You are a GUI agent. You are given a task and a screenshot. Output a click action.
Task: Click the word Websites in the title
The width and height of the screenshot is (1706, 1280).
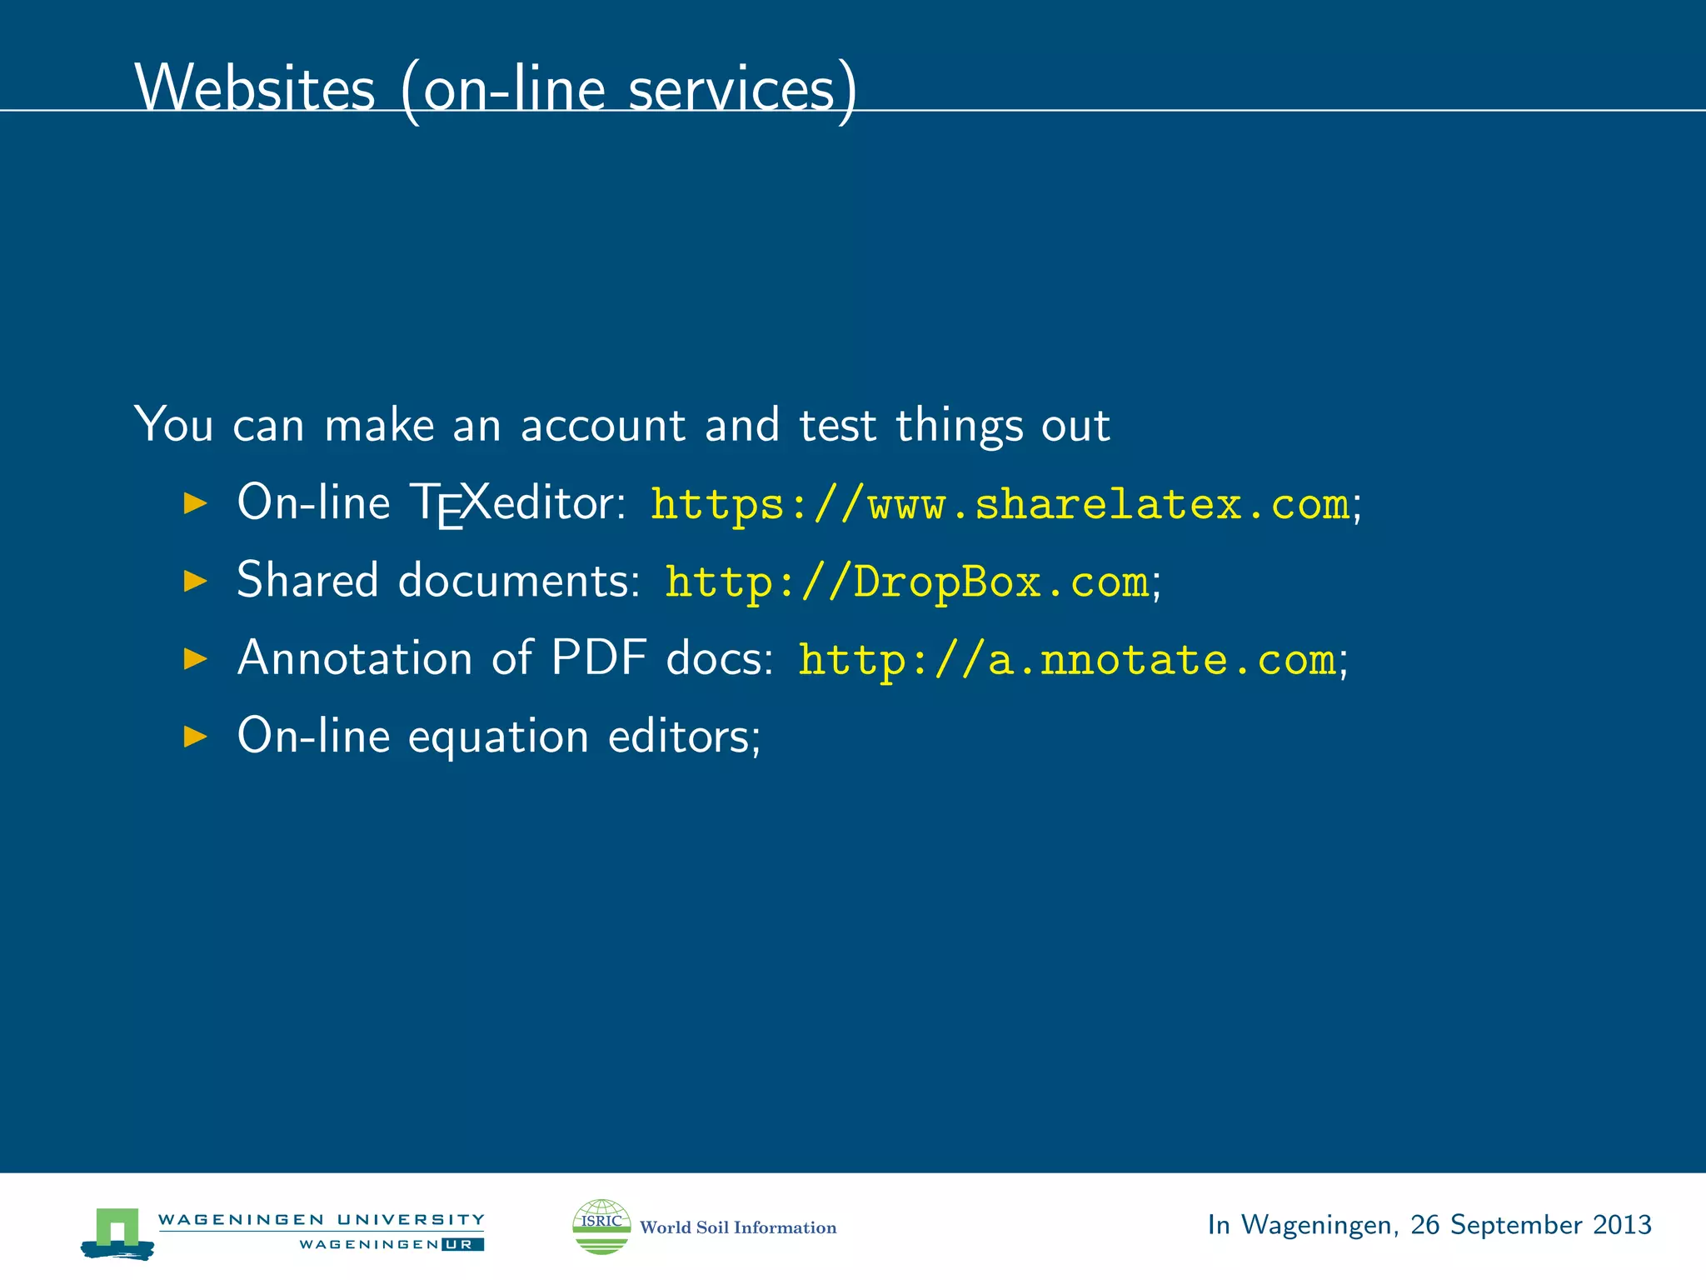pyautogui.click(x=255, y=87)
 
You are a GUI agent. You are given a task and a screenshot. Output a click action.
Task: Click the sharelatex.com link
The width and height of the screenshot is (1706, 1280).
pyautogui.click(x=1000, y=504)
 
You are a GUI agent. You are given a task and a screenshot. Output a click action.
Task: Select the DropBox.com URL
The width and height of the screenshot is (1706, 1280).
pyautogui.click(x=906, y=582)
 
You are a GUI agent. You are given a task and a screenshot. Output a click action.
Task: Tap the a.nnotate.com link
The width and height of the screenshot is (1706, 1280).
pyautogui.click(x=1067, y=659)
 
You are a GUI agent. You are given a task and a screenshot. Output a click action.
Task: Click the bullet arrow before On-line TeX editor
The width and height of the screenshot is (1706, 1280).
pyautogui.click(x=195, y=502)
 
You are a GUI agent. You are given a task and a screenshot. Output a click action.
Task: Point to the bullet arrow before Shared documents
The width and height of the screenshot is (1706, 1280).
pyautogui.click(x=195, y=581)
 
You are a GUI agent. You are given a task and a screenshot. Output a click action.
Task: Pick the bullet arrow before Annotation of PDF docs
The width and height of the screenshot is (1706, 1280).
pyautogui.click(x=195, y=659)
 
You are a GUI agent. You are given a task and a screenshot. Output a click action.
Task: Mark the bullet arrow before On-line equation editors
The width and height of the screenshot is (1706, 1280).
pyautogui.click(x=195, y=737)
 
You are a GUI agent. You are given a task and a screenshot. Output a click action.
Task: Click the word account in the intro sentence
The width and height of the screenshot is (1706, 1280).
pyautogui.click(x=603, y=425)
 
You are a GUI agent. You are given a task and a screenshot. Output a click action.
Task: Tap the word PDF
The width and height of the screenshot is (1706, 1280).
pyautogui.click(x=599, y=657)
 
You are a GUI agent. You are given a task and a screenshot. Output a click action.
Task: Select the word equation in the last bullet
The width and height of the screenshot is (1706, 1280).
pyautogui.click(x=498, y=737)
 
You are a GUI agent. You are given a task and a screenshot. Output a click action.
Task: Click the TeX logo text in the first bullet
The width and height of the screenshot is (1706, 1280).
pyautogui.click(x=450, y=503)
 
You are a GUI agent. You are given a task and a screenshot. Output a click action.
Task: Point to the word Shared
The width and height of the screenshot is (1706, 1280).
pyautogui.click(x=307, y=580)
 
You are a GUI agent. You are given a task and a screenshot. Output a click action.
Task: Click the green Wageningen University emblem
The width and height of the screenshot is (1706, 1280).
pyautogui.click(x=117, y=1232)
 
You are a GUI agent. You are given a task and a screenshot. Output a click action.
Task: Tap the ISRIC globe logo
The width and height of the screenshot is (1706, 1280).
pyautogui.click(x=601, y=1226)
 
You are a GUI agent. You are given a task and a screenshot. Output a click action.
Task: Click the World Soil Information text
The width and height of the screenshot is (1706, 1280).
pyautogui.click(x=738, y=1227)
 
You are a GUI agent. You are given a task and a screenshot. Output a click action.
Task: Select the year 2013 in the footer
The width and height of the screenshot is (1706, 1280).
pyautogui.click(x=1622, y=1224)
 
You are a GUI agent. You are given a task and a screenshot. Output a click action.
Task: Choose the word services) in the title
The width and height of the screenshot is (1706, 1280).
pyautogui.click(x=742, y=89)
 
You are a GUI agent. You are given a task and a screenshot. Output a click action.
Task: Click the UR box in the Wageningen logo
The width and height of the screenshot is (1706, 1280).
pyautogui.click(x=463, y=1244)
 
